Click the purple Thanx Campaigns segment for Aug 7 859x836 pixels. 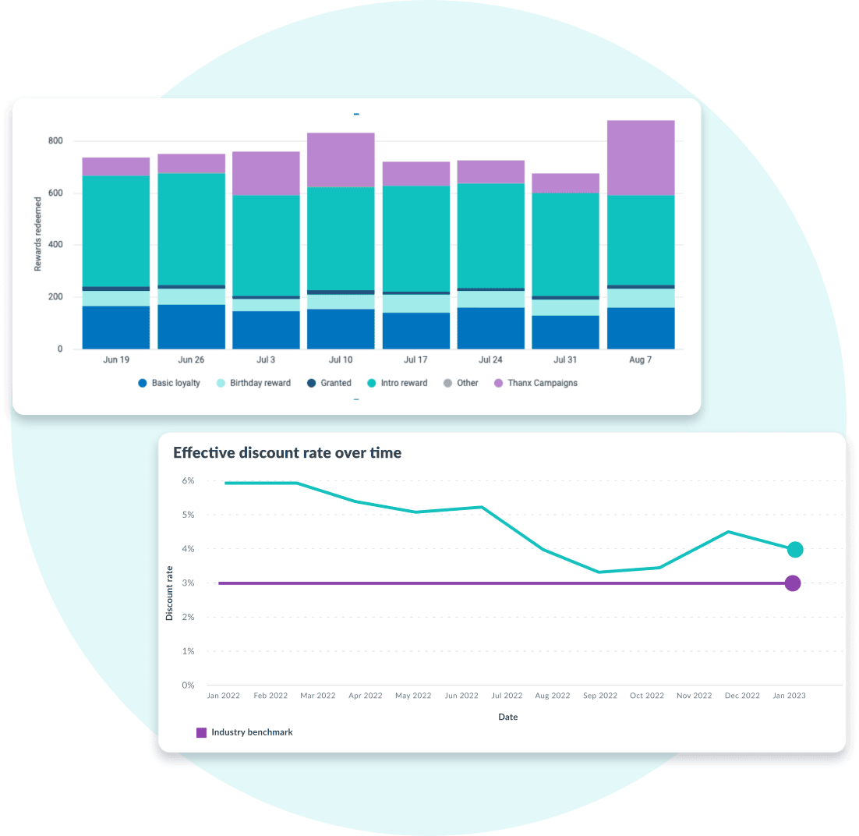tap(641, 158)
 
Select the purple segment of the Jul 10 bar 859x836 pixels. tap(341, 160)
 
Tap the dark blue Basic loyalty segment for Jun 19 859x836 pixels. tap(116, 327)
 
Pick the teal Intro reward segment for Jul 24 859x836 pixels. tap(490, 236)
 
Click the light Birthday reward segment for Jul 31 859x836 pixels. tap(566, 307)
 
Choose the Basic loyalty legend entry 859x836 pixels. tap(169, 383)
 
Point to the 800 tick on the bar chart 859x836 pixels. tap(54, 141)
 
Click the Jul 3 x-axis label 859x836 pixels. tap(266, 360)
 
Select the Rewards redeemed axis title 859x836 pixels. tap(37, 234)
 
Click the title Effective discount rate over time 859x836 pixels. tap(287, 452)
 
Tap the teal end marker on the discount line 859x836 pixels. tap(794, 550)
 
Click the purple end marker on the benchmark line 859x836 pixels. tap(793, 583)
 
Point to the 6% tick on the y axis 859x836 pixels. tap(188, 481)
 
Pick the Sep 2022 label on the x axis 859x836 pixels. tap(600, 696)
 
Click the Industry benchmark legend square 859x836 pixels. tap(201, 732)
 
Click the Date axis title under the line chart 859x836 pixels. tap(507, 717)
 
